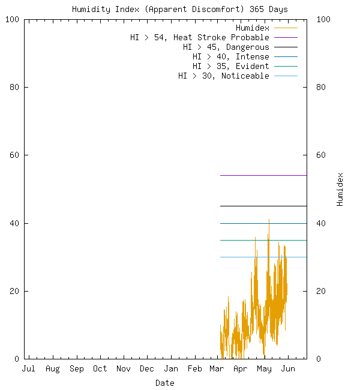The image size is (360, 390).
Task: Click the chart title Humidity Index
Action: (x=179, y=9)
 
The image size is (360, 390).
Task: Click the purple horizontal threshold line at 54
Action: (x=264, y=175)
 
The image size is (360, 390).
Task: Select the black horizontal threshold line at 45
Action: (x=264, y=206)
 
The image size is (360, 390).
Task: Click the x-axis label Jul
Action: (x=28, y=369)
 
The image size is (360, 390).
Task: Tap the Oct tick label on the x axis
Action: (x=100, y=369)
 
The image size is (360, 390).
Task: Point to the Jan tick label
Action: (x=171, y=369)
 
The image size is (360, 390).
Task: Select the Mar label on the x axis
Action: (x=217, y=369)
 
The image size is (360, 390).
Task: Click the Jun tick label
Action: (x=288, y=369)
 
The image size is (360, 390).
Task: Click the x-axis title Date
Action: (x=165, y=383)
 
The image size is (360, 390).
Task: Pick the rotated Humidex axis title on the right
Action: (x=340, y=189)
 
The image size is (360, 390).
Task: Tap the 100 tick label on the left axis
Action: (x=12, y=19)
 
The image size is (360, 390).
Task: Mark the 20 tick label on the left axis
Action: (x=14, y=291)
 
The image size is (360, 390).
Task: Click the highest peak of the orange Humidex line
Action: (x=269, y=220)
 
